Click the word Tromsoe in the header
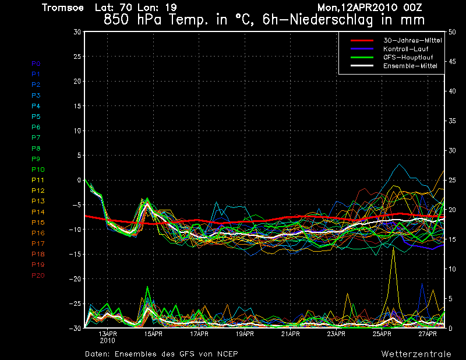pos(63,8)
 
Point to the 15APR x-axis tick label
pos(153,334)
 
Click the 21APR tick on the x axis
pos(290,334)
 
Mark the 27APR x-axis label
pos(428,334)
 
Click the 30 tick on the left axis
pos(76,32)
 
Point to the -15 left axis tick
pos(74,254)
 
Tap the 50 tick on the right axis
pos(453,32)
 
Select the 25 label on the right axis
pos(453,180)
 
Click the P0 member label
pos(36,63)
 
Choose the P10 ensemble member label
pos(38,170)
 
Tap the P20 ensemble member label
pos(38,276)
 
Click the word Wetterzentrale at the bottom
pos(416,354)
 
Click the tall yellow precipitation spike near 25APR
pos(394,256)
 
